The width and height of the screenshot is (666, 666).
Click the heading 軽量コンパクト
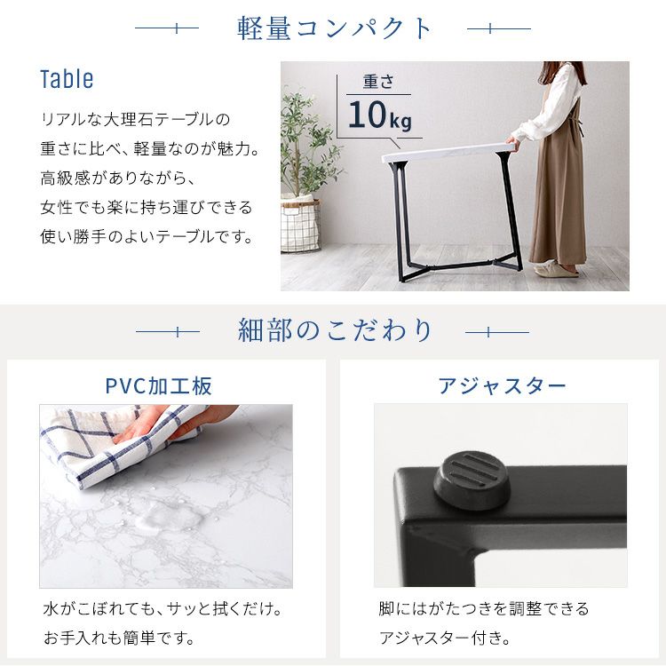[334, 28]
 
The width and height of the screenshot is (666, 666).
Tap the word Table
[67, 79]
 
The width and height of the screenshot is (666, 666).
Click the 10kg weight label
[380, 115]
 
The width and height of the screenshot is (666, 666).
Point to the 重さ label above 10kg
[378, 82]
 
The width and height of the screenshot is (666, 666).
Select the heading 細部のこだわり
[335, 330]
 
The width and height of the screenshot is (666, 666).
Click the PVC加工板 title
[158, 386]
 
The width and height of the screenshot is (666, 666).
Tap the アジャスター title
[502, 386]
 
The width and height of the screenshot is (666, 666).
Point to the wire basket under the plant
[300, 225]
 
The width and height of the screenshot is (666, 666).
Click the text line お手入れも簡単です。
[119, 638]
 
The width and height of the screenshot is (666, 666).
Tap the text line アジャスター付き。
[445, 638]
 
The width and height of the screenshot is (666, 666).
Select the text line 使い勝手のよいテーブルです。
[147, 236]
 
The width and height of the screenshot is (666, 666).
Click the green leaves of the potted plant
[308, 145]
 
